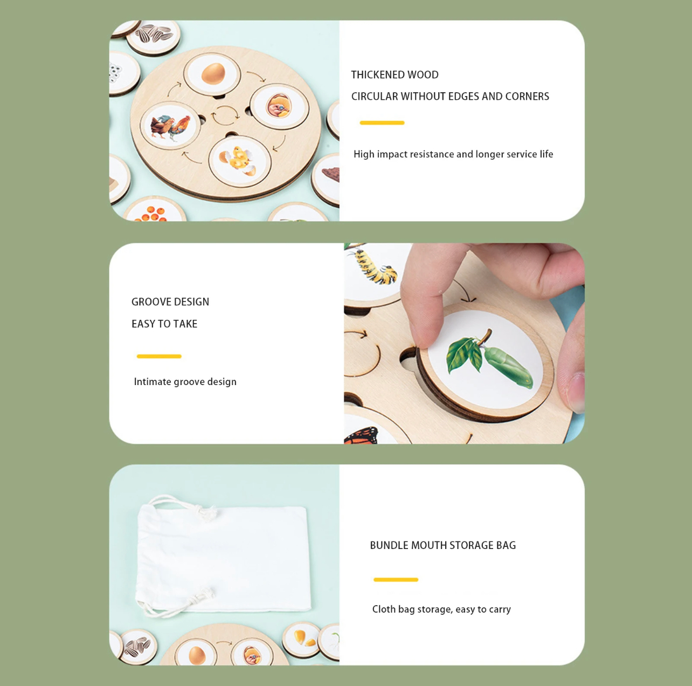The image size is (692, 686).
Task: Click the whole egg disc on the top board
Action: tap(212, 74)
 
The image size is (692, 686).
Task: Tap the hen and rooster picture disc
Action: tap(170, 126)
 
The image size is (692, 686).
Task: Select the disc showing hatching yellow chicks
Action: tap(239, 161)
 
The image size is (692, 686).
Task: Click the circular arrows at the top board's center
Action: tap(225, 115)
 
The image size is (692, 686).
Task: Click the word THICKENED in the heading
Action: tap(375, 75)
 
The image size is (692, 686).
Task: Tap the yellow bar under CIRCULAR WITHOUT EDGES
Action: tap(382, 123)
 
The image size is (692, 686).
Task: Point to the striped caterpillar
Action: tap(375, 267)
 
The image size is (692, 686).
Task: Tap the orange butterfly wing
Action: tap(361, 435)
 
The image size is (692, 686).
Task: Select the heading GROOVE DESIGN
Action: tap(170, 302)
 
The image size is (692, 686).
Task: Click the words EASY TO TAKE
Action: tap(164, 324)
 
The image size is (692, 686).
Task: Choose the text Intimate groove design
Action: tap(185, 382)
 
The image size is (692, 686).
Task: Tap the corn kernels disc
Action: tap(302, 639)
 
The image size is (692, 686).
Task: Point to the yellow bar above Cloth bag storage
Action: tap(396, 580)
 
